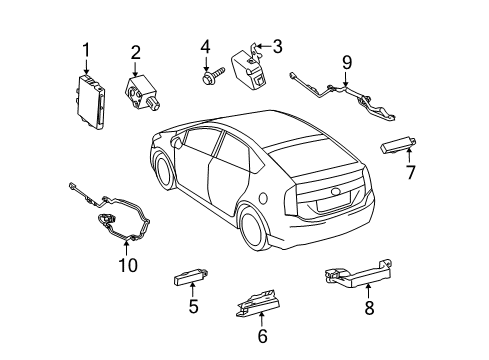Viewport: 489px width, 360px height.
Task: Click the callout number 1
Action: pos(86,48)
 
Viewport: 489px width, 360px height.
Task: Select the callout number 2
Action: pos(135,52)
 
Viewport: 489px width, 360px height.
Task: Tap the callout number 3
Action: pos(277,45)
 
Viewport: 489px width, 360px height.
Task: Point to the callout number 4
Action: pos(204,46)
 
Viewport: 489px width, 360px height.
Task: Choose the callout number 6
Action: pos(263,337)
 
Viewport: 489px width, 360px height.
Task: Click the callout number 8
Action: pos(368,309)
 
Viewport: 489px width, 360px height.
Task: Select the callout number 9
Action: pos(346,62)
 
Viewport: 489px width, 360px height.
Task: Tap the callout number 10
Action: pos(125,265)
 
